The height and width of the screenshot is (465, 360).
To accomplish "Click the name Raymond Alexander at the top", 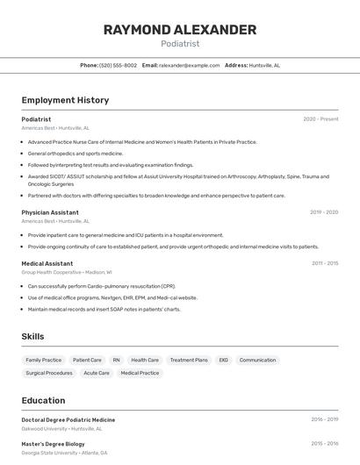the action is [179, 30].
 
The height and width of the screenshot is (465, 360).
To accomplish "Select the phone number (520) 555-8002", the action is [118, 65].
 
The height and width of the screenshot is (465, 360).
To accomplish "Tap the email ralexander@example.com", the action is [189, 65].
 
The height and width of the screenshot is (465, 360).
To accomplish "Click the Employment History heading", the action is [65, 100].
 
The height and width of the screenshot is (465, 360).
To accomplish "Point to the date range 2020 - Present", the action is [320, 119].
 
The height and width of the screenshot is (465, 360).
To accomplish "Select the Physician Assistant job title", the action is [50, 212].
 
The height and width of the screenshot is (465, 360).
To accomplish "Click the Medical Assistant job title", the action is [47, 263].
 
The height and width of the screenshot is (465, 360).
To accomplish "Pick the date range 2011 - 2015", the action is [325, 263].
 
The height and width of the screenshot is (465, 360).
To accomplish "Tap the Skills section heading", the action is [32, 336].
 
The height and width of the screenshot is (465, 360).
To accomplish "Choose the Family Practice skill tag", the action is [44, 360].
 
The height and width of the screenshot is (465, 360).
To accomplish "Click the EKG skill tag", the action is [223, 360].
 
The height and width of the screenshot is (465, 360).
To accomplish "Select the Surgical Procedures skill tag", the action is [49, 373].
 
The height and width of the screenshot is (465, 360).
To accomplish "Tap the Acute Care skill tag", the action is [97, 373].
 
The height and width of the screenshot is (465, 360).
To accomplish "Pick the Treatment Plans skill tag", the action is [189, 360].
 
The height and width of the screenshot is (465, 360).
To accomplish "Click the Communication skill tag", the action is [257, 360].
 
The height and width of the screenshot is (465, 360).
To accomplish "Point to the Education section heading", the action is [43, 400].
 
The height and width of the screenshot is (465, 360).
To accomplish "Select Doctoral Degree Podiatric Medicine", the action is [68, 420].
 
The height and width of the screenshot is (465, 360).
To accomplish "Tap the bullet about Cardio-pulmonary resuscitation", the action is [102, 286].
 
